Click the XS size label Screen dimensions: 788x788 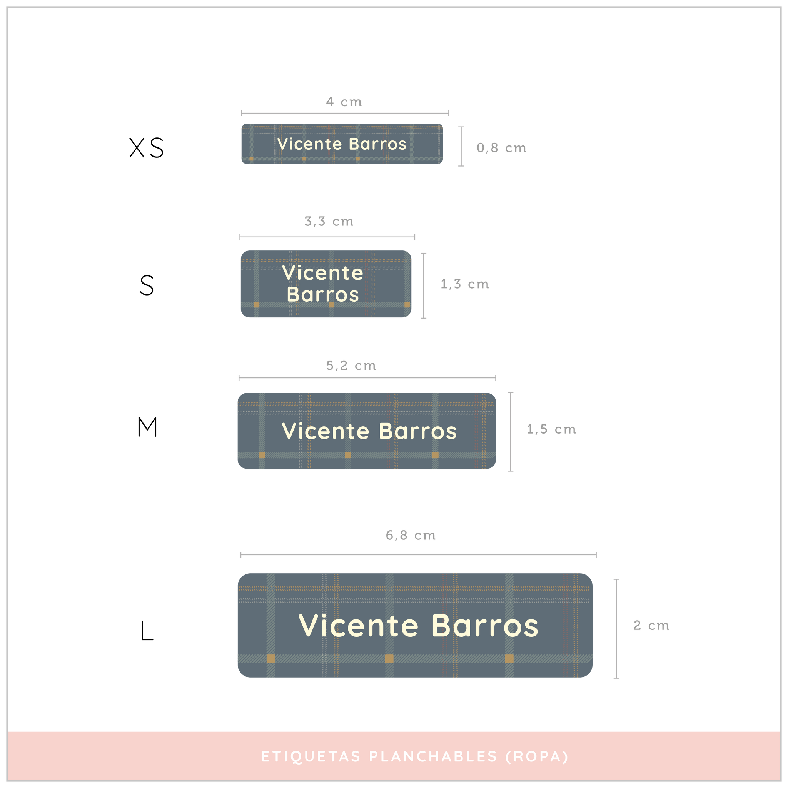pos(147,147)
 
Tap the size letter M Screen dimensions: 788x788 pos(147,427)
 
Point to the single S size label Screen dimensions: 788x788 pos(147,285)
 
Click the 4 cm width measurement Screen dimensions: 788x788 pos(344,102)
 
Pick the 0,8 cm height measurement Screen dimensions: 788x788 pos(501,148)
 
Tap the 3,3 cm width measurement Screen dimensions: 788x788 pos(329,221)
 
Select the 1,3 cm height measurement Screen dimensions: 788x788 pos(464,284)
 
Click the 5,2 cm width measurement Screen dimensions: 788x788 pos(351,365)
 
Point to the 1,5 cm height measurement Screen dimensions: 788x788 pos(551,429)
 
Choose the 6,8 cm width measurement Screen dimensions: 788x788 pos(410,535)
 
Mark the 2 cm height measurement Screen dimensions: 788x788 pos(651,625)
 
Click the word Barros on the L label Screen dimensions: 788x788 pos(485,626)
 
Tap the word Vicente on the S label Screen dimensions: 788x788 pos(322,273)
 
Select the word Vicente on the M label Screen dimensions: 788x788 pos(326,431)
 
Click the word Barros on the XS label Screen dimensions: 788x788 pos(378,144)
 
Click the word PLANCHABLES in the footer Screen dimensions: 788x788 pos(433,756)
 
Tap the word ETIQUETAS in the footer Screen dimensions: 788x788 pos(311,756)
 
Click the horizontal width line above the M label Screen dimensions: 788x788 pos(367,378)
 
